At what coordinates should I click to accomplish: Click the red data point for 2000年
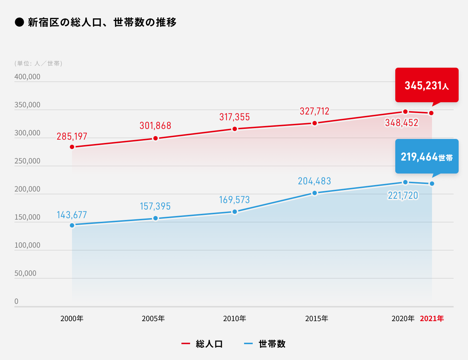click(72, 147)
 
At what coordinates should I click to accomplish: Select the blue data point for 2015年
click(315, 193)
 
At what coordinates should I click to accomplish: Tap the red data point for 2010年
click(235, 129)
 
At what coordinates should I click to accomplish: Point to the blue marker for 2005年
click(156, 218)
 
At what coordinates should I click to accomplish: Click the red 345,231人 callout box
click(427, 85)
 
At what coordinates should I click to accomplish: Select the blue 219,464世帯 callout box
click(427, 157)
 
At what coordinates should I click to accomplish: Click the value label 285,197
click(72, 136)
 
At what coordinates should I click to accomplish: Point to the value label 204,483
click(314, 181)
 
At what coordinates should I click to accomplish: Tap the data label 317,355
click(235, 117)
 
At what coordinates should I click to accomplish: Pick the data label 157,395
click(155, 206)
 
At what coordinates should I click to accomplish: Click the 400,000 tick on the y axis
click(27, 77)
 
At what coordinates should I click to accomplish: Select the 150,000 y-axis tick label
click(27, 217)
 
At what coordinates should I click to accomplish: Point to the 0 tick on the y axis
click(16, 301)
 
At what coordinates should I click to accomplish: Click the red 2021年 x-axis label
click(432, 319)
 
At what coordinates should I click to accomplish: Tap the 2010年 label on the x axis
click(235, 319)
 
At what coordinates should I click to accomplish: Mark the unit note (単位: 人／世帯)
click(39, 63)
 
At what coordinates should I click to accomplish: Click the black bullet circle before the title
click(19, 22)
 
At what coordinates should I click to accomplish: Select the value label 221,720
click(403, 195)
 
